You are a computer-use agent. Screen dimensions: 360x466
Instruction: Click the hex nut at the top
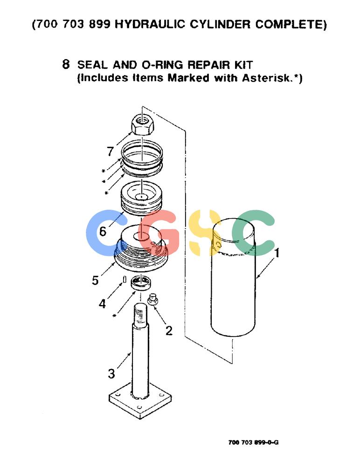(142, 124)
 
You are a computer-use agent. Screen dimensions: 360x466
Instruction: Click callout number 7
(111, 151)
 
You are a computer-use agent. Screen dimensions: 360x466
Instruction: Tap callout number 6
(103, 231)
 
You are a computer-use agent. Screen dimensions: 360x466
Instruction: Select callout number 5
(95, 280)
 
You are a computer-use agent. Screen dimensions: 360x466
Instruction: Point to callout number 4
(102, 304)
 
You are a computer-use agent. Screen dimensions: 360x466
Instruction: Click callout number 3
(111, 374)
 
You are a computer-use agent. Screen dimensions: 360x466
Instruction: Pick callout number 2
(169, 330)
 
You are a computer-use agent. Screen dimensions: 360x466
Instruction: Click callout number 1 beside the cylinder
(277, 253)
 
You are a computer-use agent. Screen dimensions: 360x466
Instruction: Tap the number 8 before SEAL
(66, 64)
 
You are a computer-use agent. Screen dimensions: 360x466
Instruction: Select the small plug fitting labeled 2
(152, 300)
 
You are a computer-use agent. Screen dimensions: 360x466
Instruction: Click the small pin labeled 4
(125, 280)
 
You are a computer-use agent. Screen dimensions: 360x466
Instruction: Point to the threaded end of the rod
(141, 315)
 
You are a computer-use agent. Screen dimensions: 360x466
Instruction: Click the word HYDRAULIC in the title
(150, 24)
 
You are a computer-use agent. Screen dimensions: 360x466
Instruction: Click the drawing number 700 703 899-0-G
(253, 443)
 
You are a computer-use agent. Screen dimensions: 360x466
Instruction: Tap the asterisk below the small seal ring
(115, 316)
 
